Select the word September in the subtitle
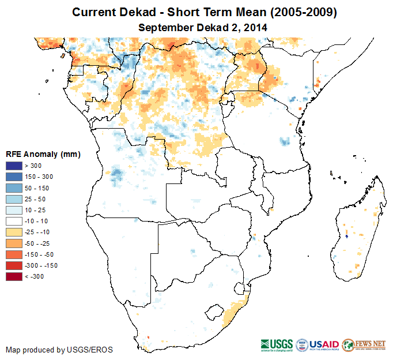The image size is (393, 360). coord(163,27)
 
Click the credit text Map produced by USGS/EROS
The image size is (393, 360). coord(59,350)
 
